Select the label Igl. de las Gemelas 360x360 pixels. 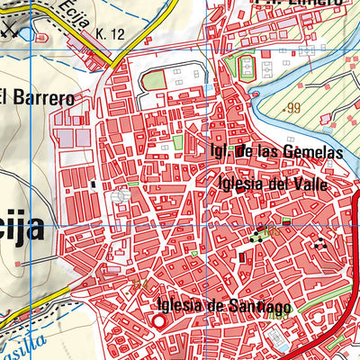(x=274, y=152)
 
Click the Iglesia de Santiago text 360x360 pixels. (x=222, y=307)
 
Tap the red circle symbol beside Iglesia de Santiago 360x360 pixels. (x=158, y=320)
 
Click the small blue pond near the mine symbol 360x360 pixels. (x=24, y=34)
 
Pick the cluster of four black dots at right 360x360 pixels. (x=319, y=243)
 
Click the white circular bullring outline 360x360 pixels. (x=121, y=196)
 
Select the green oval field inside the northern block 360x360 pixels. (x=155, y=80)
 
